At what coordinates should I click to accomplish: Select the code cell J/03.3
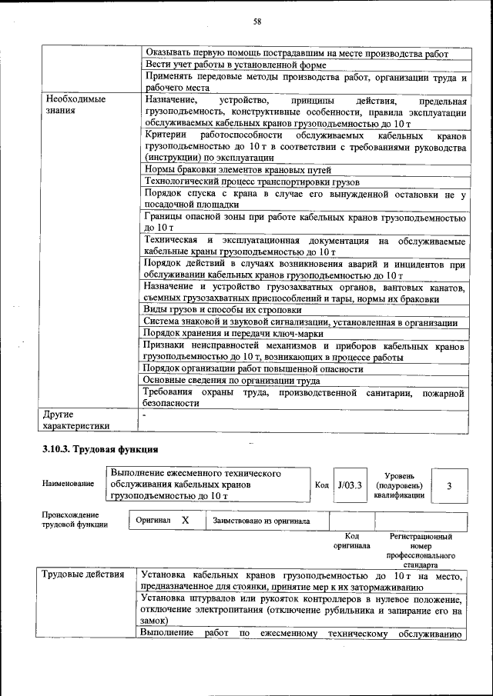349,485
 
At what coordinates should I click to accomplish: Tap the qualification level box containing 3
449,485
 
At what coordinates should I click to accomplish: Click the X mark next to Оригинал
185,521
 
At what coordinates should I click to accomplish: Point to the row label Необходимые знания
75,105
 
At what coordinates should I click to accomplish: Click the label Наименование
69,484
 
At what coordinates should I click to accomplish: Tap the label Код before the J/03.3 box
322,485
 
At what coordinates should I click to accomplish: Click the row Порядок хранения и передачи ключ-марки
233,334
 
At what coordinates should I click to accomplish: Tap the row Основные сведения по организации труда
232,381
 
